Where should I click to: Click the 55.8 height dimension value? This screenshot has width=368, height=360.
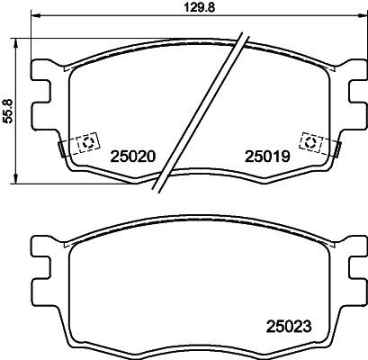coord(8,112)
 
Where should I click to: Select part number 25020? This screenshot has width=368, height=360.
coord(133,156)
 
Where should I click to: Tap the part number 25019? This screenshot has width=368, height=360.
coord(266,156)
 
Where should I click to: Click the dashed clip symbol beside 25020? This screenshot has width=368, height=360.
coord(88,142)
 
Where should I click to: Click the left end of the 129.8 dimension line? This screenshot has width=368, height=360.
coord(31,16)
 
